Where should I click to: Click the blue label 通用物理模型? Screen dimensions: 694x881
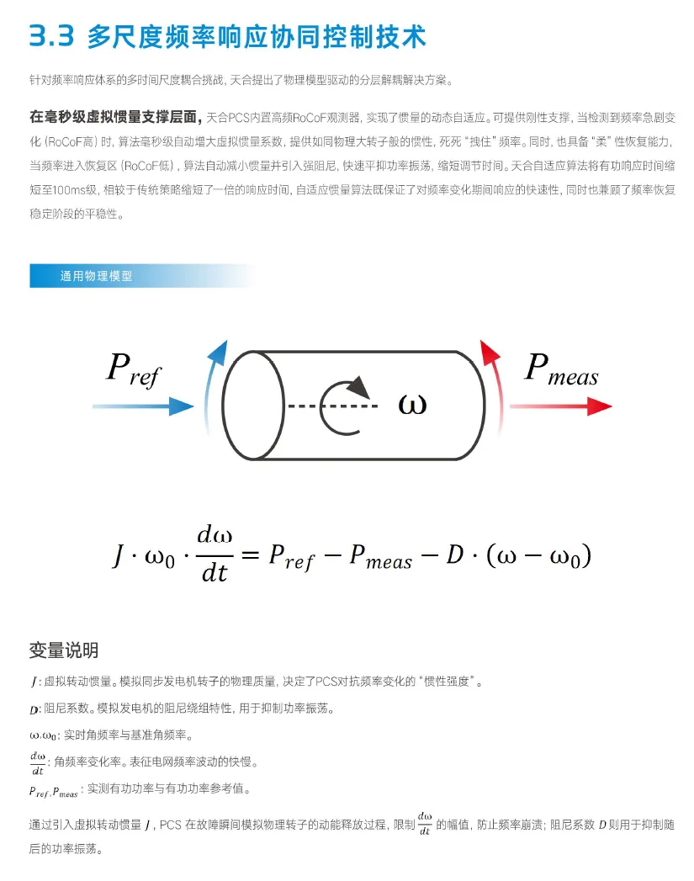click(96, 275)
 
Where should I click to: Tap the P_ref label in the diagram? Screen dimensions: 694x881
click(133, 370)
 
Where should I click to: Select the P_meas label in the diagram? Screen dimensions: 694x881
click(560, 370)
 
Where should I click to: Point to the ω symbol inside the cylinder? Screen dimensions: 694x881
click(412, 405)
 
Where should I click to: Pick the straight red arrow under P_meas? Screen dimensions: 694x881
click(559, 407)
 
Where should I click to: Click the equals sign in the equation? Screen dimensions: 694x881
click(247, 554)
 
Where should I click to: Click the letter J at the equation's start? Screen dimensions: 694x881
click(119, 555)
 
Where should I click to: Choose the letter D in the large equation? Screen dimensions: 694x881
click(455, 555)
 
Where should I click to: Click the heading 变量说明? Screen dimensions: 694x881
click(64, 650)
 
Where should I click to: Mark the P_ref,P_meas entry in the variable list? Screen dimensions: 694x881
click(53, 792)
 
